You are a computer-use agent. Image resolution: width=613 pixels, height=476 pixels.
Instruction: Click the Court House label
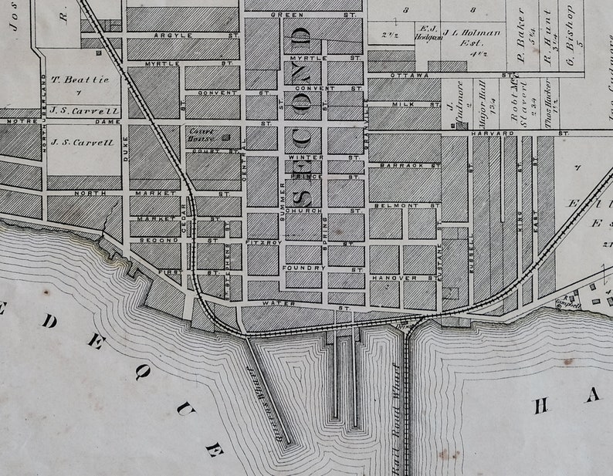(x=202, y=135)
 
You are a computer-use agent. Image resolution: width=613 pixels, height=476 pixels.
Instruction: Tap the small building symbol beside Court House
(x=226, y=137)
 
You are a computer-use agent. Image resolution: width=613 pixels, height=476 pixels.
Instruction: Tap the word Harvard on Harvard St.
(x=502, y=133)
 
